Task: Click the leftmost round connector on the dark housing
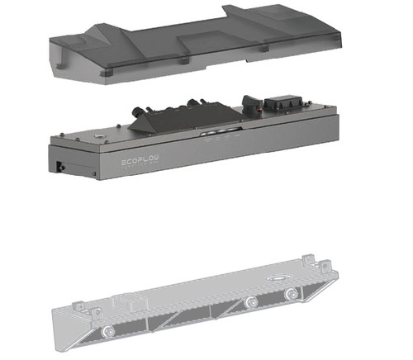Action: [137, 112]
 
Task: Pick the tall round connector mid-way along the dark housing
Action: [191, 104]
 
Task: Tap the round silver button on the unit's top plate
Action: [97, 135]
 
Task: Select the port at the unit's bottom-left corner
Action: [59, 167]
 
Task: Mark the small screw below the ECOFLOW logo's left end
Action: [94, 174]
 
